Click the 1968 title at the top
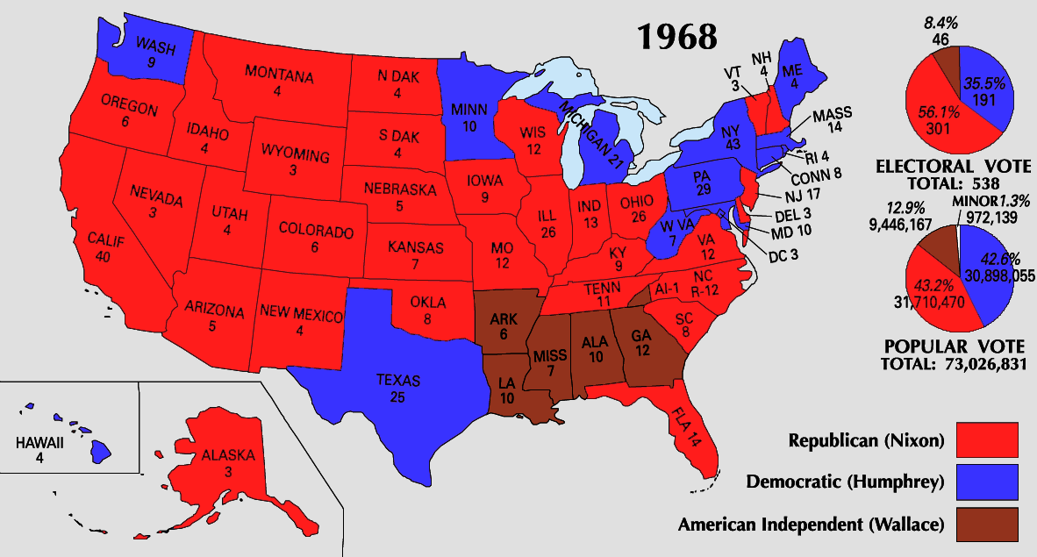click(676, 36)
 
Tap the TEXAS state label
click(398, 381)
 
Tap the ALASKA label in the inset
click(227, 456)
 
